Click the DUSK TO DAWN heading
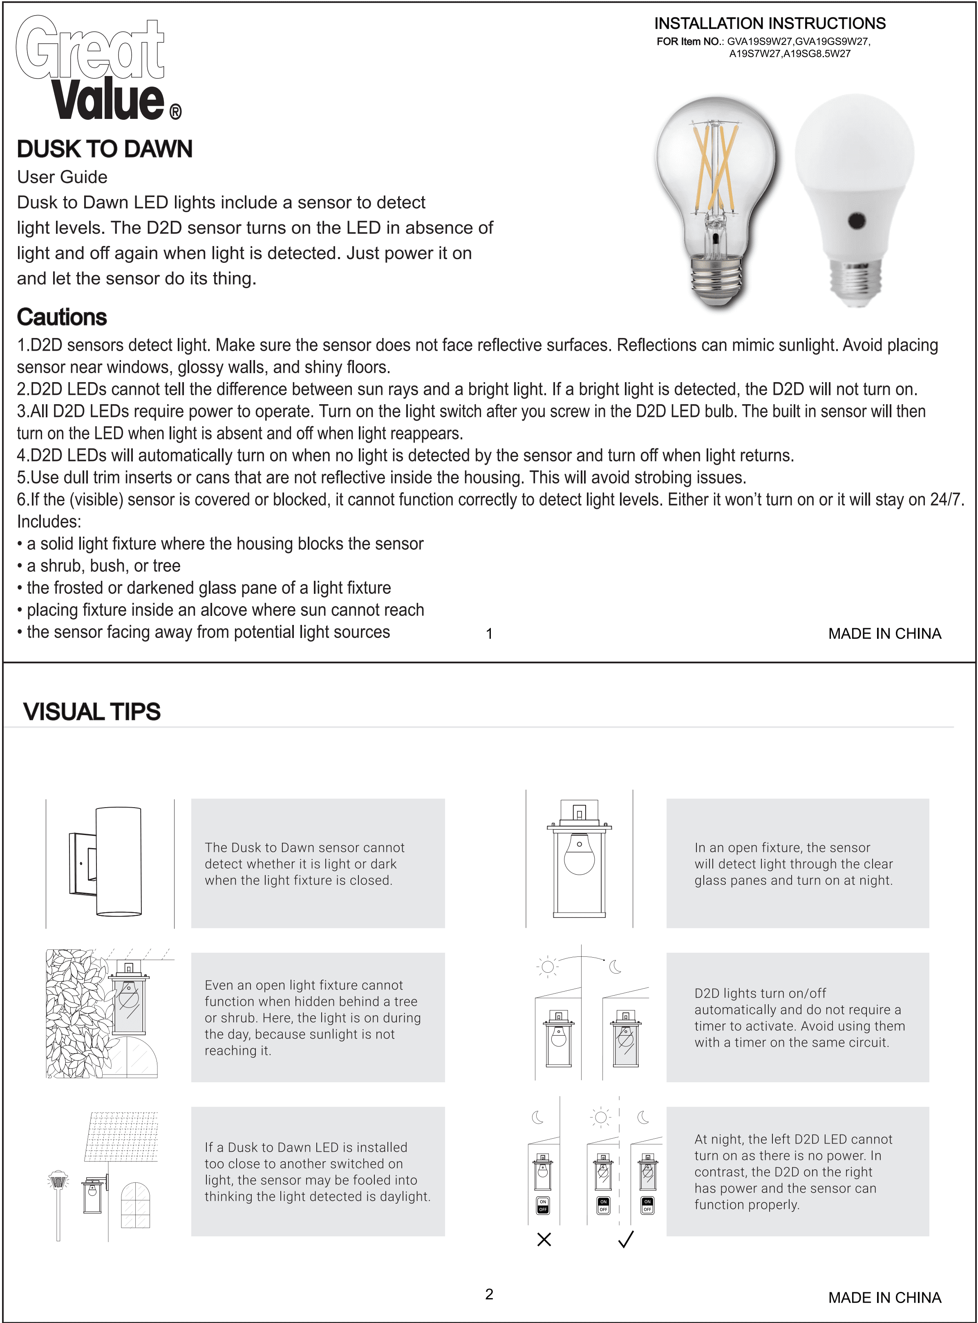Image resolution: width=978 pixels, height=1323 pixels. coord(105,149)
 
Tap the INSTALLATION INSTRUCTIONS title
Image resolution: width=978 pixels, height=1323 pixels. coord(770,24)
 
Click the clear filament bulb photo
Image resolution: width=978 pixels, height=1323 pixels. coord(715,201)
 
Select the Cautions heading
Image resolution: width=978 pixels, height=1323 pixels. coord(62,317)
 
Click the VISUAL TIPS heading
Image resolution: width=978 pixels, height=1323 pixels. coord(92,712)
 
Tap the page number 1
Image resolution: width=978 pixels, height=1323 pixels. coord(489,634)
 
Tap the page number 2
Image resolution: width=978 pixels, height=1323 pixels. coord(489,1294)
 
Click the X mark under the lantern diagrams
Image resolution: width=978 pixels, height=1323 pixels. coord(544,1240)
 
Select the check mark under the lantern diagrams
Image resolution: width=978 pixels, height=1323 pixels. coord(626,1240)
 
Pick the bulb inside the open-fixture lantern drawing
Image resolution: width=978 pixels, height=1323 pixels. coord(579,854)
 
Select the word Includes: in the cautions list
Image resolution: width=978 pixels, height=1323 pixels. coord(49,522)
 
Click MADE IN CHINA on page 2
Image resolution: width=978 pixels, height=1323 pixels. coord(884,1298)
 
